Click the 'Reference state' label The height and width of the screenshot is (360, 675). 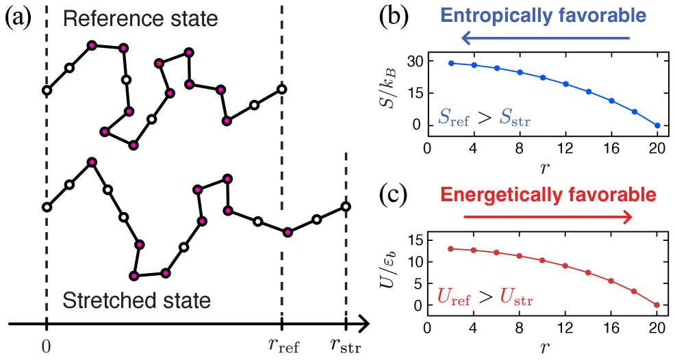pos(140,18)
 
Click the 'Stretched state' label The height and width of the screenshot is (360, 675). pos(136,300)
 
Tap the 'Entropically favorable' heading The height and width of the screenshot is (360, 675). pos(543,16)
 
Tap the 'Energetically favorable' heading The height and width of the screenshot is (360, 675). pos(548,195)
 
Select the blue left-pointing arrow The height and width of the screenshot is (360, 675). pos(544,38)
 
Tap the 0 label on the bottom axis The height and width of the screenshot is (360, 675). pos(47,347)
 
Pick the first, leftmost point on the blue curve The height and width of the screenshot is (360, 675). pos(451,63)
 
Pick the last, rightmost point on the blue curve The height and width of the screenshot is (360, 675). pos(657,126)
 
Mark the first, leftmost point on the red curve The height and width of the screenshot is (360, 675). pos(450,249)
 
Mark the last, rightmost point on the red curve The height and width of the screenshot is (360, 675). pos(657,305)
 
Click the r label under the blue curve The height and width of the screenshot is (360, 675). pos(544,167)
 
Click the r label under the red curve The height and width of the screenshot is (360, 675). pos(544,348)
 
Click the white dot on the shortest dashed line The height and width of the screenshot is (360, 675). pos(346,207)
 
